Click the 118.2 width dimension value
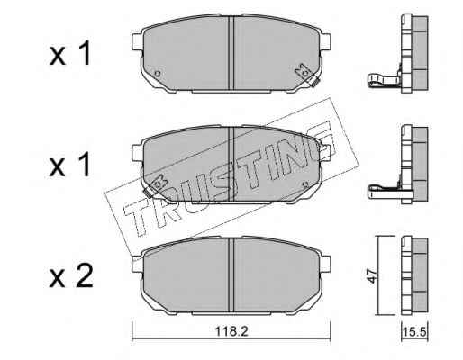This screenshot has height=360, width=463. pyautogui.click(x=231, y=331)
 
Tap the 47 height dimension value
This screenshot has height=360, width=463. pyautogui.click(x=372, y=275)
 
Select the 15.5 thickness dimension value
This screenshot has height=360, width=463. pyautogui.click(x=414, y=332)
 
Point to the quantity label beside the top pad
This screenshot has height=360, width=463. pyautogui.click(x=70, y=53)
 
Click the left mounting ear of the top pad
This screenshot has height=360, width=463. pyautogui.click(x=137, y=42)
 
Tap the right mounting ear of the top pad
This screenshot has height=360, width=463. pyautogui.click(x=325, y=42)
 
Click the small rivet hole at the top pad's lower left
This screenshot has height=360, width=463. pyautogui.click(x=157, y=74)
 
